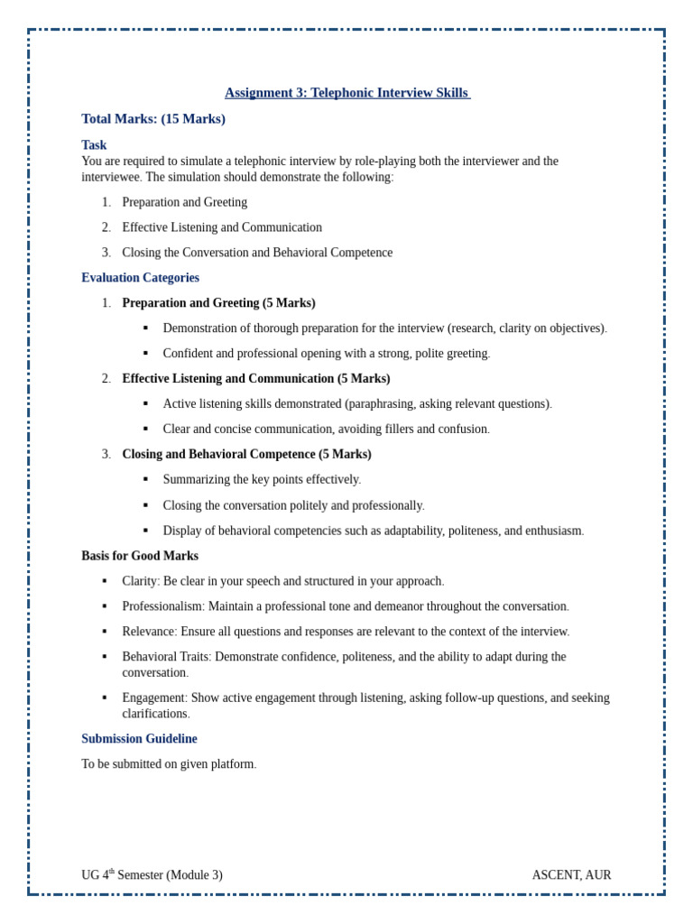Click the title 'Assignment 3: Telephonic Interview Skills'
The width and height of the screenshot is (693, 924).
coord(346,93)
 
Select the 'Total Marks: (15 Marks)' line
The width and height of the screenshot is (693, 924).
coord(153,119)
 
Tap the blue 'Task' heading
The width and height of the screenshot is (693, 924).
coord(94,145)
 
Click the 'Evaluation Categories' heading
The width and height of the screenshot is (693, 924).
coord(140,278)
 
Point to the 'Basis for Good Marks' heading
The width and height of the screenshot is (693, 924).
coord(140,556)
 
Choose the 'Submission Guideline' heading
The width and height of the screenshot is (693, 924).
coord(139,739)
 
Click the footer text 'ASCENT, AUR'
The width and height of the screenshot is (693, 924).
coord(571,875)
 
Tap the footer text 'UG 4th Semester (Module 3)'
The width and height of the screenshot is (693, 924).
coord(152,875)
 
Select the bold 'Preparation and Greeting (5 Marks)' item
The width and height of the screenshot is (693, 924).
coord(218,303)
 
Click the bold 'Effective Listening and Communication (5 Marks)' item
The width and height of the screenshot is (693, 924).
coord(256,379)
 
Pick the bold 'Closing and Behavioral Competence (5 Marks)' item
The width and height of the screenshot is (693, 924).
coord(246,455)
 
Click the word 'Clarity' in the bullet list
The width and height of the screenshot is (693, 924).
coord(140,581)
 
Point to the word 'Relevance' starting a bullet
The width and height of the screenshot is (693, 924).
coord(148,632)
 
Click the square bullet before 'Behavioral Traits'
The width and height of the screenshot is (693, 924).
coord(105,657)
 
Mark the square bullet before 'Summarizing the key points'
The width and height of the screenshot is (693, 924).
coord(145,480)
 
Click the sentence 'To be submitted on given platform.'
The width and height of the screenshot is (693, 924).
coord(169,764)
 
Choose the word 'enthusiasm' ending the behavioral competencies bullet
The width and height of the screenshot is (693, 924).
coord(551,531)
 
